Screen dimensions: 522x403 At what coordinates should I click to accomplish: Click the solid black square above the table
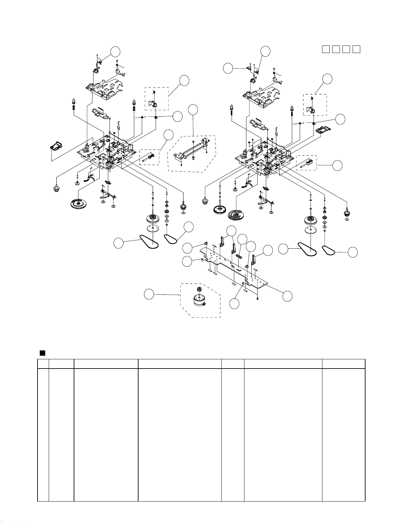coord(42,353)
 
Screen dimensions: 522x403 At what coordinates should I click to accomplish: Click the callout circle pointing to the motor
coord(149,294)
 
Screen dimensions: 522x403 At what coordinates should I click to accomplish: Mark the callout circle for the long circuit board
coord(288,296)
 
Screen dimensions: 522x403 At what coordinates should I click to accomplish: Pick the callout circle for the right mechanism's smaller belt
coord(353,252)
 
